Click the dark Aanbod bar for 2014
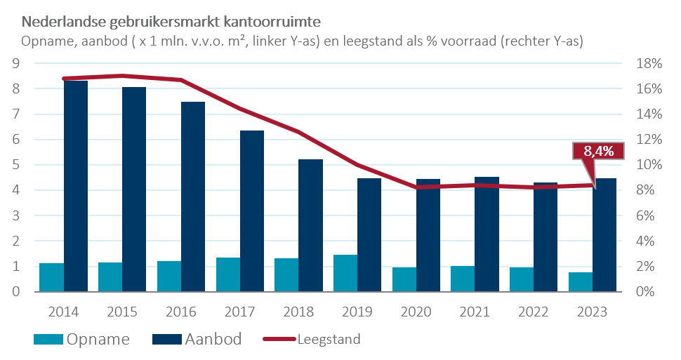click(x=76, y=186)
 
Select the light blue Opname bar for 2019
click(x=345, y=274)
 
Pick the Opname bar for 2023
click(x=581, y=282)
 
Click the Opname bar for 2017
click(x=227, y=274)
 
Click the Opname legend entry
click(x=81, y=340)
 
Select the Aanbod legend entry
click(x=197, y=340)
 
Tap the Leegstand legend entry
click(x=312, y=340)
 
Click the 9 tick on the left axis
click(x=15, y=64)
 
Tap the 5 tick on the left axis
click(x=15, y=165)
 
